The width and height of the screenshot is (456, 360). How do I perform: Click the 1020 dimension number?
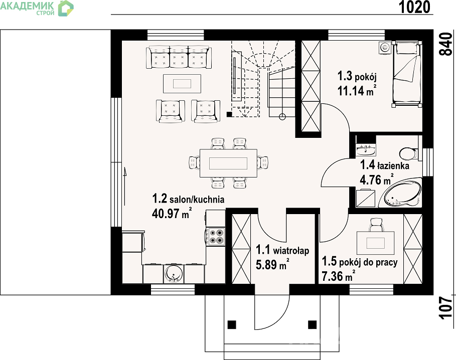(414, 7)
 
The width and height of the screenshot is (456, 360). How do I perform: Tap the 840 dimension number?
(445, 44)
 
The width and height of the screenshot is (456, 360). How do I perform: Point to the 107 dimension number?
(446, 308)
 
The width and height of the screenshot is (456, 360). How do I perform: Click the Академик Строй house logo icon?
(66, 8)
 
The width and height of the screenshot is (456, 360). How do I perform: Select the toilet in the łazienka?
(409, 153)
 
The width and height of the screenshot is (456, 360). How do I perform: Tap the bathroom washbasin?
(366, 150)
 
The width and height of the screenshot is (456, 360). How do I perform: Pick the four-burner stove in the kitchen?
(216, 236)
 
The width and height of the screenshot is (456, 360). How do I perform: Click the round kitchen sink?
(174, 273)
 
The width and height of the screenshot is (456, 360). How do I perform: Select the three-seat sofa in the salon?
(179, 57)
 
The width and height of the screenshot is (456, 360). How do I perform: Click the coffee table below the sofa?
(182, 84)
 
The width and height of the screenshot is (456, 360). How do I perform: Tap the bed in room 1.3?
(406, 74)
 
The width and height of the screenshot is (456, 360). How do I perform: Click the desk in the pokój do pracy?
(375, 243)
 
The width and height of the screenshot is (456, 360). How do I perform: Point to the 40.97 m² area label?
(172, 214)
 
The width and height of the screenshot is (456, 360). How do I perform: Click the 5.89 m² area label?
(272, 264)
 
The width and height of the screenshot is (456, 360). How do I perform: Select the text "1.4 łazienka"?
(384, 165)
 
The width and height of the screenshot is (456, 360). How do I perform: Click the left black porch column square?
(232, 324)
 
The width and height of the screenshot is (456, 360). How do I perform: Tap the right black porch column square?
(313, 324)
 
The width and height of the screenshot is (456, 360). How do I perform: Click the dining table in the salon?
(228, 163)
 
